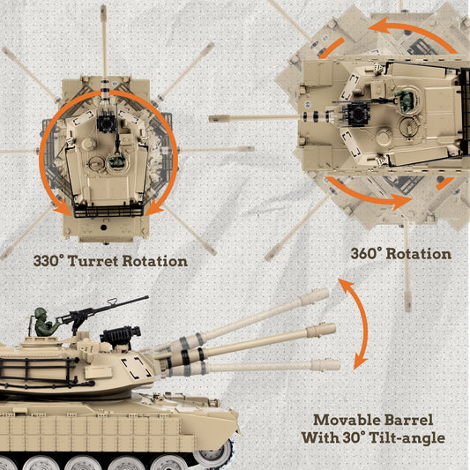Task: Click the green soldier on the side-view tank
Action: click(41, 323)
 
